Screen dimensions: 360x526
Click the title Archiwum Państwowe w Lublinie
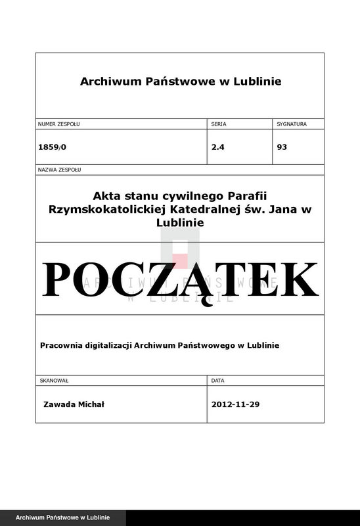[x=180, y=82]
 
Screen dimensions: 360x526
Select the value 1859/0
[x=53, y=147]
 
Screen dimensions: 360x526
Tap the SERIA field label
[x=219, y=124]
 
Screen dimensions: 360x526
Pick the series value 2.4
[x=218, y=147]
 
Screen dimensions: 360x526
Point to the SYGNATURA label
[x=292, y=124]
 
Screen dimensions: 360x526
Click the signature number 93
[x=282, y=147]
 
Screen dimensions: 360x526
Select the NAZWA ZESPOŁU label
[x=60, y=170]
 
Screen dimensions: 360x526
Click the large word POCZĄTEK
[x=180, y=279]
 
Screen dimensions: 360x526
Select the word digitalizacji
[x=109, y=345]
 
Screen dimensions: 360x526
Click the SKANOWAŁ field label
[x=55, y=381]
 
